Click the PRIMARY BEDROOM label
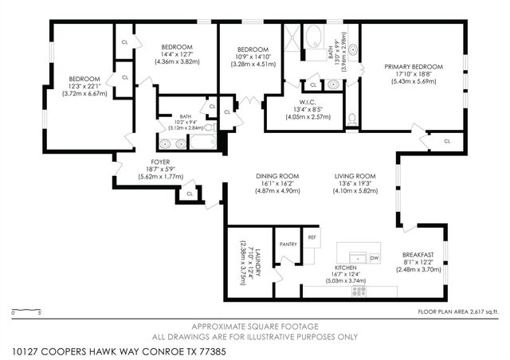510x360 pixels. tap(408, 67)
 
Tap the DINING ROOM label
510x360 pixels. tap(277, 176)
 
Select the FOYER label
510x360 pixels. tap(161, 162)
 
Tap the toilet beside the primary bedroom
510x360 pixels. tap(351, 120)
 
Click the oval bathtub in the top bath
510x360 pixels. tap(312, 37)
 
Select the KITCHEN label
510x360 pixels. tap(345, 268)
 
